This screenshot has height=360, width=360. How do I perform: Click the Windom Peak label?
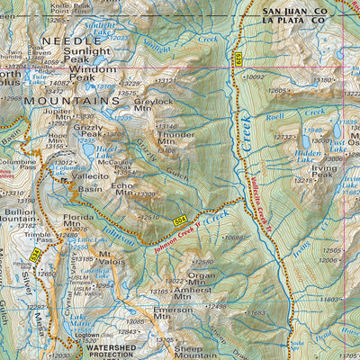[93, 73]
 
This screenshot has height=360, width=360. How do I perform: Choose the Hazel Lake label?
[109, 149]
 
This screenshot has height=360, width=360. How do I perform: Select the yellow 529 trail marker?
[238, 59]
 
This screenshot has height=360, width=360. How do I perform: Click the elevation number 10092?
[255, 77]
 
